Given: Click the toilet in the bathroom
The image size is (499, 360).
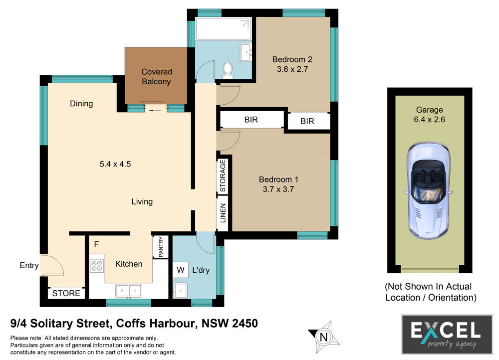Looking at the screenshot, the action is coord(228,70).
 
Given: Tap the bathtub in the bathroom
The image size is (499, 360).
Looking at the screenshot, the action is coord(224,28).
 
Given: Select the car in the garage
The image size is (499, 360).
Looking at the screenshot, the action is coord(429,190).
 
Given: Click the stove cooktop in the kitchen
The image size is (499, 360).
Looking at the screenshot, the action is coord(97,266).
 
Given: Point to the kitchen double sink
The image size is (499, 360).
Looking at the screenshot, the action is coord(129,291).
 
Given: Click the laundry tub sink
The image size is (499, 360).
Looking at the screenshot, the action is coord(180,290).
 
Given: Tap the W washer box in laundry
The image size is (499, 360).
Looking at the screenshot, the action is coord(181,270).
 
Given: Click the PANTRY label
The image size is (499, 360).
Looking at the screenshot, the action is coord(161,246).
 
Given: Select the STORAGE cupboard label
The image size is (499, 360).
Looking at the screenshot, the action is coord(223,176).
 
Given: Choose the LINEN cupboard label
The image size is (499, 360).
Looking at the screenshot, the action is coord(223,213).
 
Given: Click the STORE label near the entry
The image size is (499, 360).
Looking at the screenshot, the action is coord(66,293).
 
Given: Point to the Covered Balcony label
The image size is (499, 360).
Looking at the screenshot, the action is coord(156,77).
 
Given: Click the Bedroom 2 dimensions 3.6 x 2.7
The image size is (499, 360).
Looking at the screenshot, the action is coord(292,69).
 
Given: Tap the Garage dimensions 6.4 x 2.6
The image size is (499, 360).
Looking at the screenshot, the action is coord(429,120).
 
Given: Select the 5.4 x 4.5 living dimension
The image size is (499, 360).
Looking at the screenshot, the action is coord(115,164).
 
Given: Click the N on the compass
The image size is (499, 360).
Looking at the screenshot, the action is coord(324,337).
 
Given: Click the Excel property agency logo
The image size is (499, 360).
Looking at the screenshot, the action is coord(447,335).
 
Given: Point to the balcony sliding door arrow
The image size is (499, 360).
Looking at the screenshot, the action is coord(155,111).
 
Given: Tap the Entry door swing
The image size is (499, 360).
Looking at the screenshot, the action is coord(52,265).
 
